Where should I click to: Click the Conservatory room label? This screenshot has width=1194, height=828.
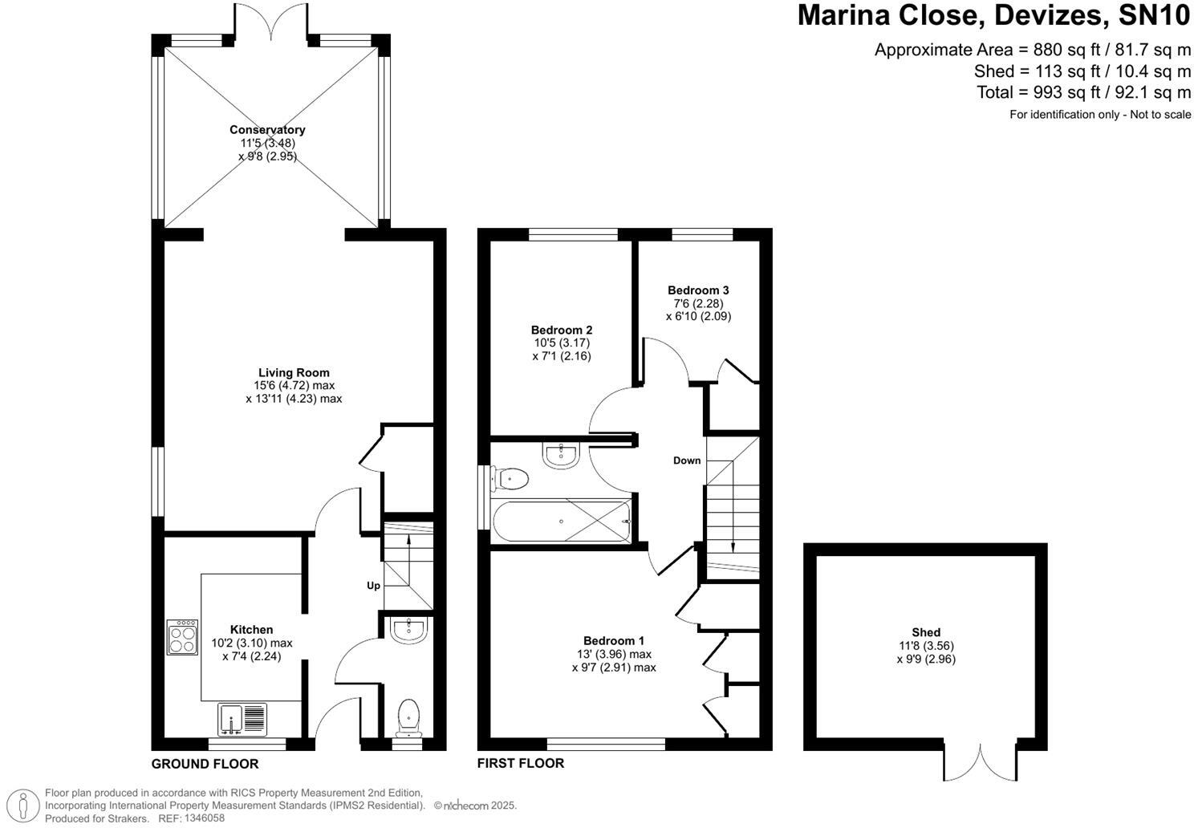(267, 129)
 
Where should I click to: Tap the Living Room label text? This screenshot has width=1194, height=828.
(294, 372)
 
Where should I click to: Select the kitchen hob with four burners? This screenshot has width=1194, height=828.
(182, 637)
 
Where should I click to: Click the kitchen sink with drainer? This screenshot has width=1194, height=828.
(242, 719)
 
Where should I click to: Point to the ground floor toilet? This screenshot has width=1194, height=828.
(409, 716)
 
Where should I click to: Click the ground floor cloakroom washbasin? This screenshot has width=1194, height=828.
(410, 630)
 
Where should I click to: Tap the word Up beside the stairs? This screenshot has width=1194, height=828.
(373, 586)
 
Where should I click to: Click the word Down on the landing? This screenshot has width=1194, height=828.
(687, 461)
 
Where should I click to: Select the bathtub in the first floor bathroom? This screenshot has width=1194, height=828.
(562, 522)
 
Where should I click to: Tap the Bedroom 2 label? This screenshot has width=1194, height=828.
(562, 330)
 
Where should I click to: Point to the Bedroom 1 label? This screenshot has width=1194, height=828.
(614, 640)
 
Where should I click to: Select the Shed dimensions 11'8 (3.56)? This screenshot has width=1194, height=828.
(926, 646)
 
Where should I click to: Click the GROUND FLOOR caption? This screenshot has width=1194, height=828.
(205, 764)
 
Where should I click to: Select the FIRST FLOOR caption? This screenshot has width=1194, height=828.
(521, 763)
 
